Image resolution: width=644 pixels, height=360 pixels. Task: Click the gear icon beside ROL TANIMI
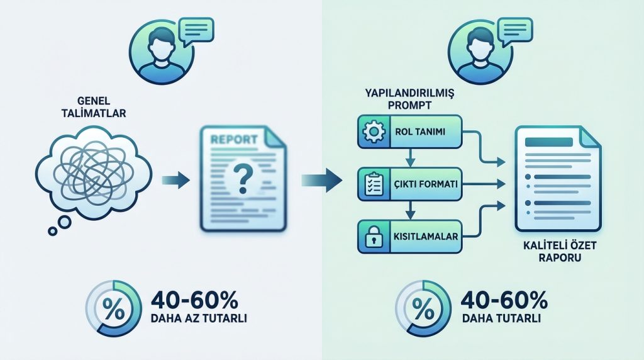coord(374,132)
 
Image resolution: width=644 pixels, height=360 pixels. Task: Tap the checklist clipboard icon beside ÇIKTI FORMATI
coord(374,184)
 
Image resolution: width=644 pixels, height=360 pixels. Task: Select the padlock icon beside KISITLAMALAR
coord(374,236)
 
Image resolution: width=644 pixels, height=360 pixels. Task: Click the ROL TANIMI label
coord(420,132)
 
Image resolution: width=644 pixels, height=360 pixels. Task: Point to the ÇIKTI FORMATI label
coord(425,184)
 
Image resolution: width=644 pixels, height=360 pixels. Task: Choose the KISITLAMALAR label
coord(426,236)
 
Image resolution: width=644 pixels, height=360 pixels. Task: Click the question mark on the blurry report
coord(242,178)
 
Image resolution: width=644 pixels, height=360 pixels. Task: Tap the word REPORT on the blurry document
coord(234,139)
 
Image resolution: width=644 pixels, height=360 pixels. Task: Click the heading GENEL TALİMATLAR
coord(94,107)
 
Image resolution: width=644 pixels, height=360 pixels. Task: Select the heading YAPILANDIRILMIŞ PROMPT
coord(410,99)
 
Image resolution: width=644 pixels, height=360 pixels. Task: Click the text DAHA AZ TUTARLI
coord(199,318)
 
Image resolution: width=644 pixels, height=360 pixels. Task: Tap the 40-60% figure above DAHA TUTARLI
coord(504,300)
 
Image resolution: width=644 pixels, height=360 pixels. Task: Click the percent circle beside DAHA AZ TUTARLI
coord(114,308)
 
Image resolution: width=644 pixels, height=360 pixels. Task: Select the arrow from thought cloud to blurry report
coord(176,180)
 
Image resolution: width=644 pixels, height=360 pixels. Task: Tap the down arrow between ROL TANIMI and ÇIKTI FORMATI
coord(410,157)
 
